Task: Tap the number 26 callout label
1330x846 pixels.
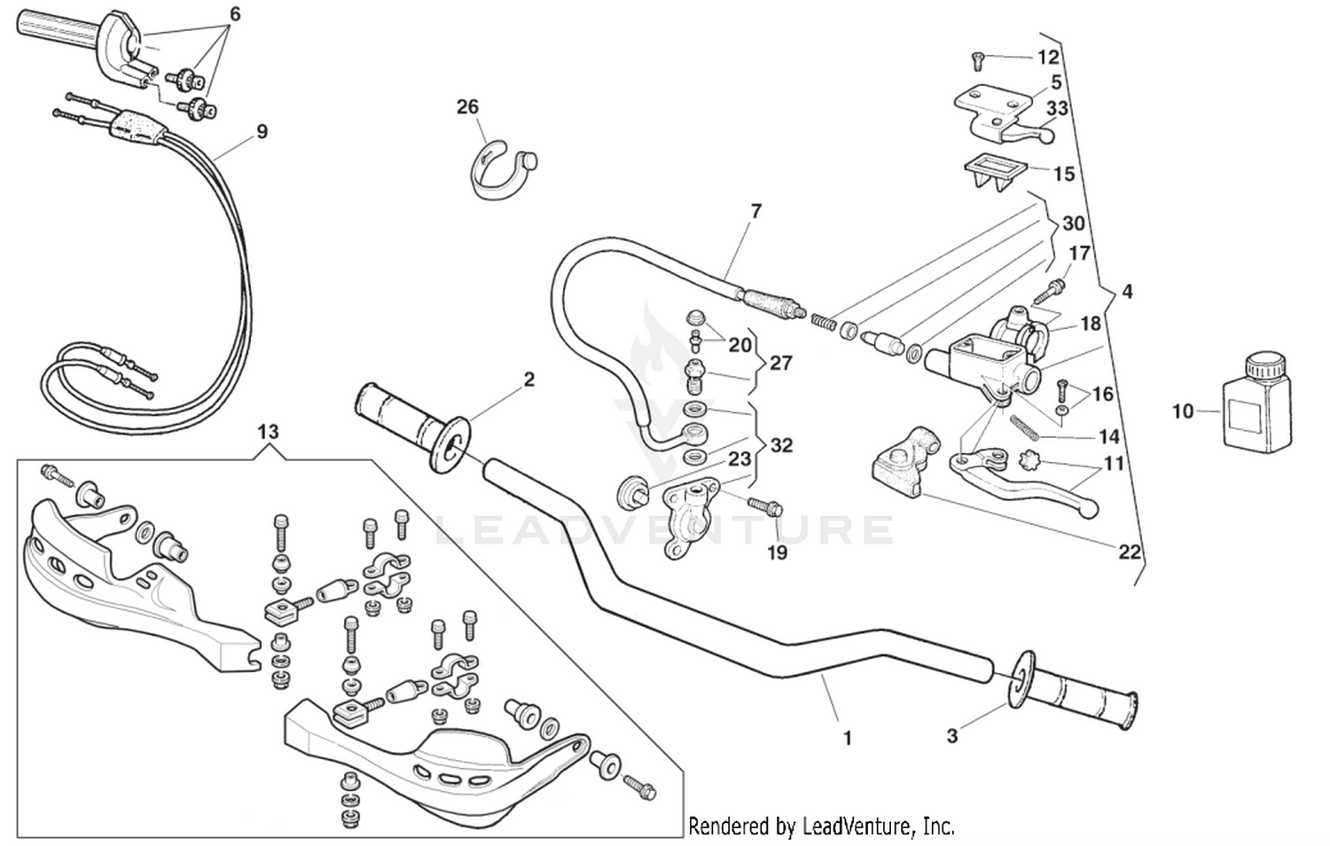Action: pos(467,107)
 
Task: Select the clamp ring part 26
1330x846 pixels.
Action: pos(500,172)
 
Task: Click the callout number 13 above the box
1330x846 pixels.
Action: pos(268,432)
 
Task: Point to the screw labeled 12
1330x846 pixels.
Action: pos(976,60)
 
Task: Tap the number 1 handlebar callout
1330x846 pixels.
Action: pos(847,737)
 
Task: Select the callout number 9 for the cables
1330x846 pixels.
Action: pos(262,131)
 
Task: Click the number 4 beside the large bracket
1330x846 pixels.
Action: pos(1126,292)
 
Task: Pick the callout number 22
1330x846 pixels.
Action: pos(1129,552)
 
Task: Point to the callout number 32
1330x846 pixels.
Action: pos(781,444)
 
